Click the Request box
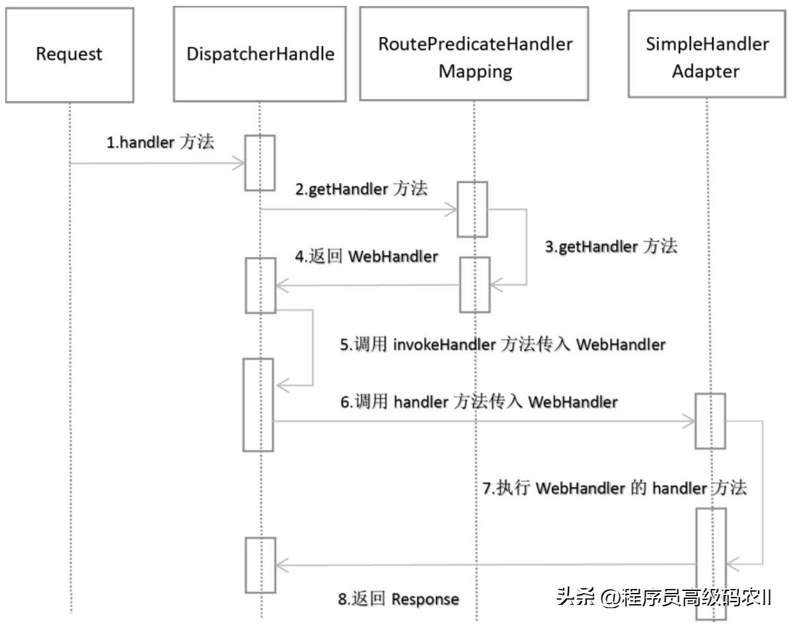(x=69, y=54)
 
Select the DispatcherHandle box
(x=260, y=54)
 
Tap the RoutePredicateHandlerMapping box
(x=474, y=54)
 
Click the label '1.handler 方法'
(x=161, y=142)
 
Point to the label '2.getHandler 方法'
(x=361, y=189)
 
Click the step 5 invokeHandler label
(x=502, y=344)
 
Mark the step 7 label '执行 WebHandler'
(x=615, y=488)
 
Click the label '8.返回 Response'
(x=398, y=599)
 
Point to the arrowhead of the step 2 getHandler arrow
(x=452, y=210)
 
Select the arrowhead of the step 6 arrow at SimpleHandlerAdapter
(x=689, y=421)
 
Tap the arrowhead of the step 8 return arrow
(x=281, y=565)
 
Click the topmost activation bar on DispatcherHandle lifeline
(x=260, y=163)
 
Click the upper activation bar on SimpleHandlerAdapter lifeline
(x=709, y=421)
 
